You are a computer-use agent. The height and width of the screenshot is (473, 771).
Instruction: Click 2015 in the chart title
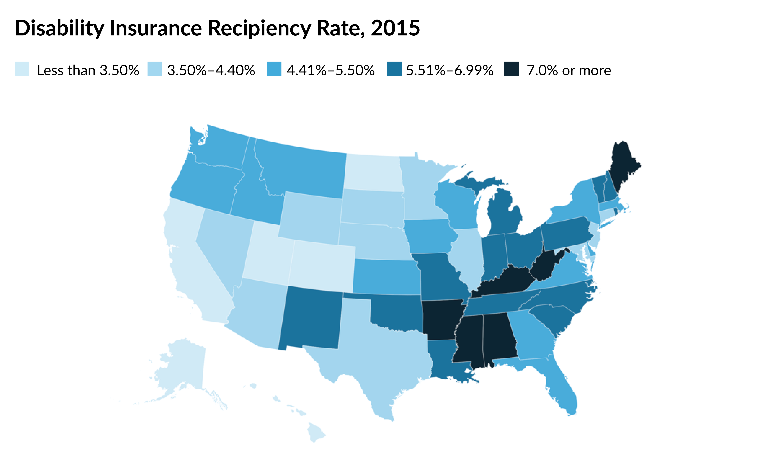coord(395,28)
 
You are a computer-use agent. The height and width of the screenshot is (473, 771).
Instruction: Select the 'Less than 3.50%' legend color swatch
coord(22,69)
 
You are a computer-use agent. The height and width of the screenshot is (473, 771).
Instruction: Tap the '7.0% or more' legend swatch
coord(511,69)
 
